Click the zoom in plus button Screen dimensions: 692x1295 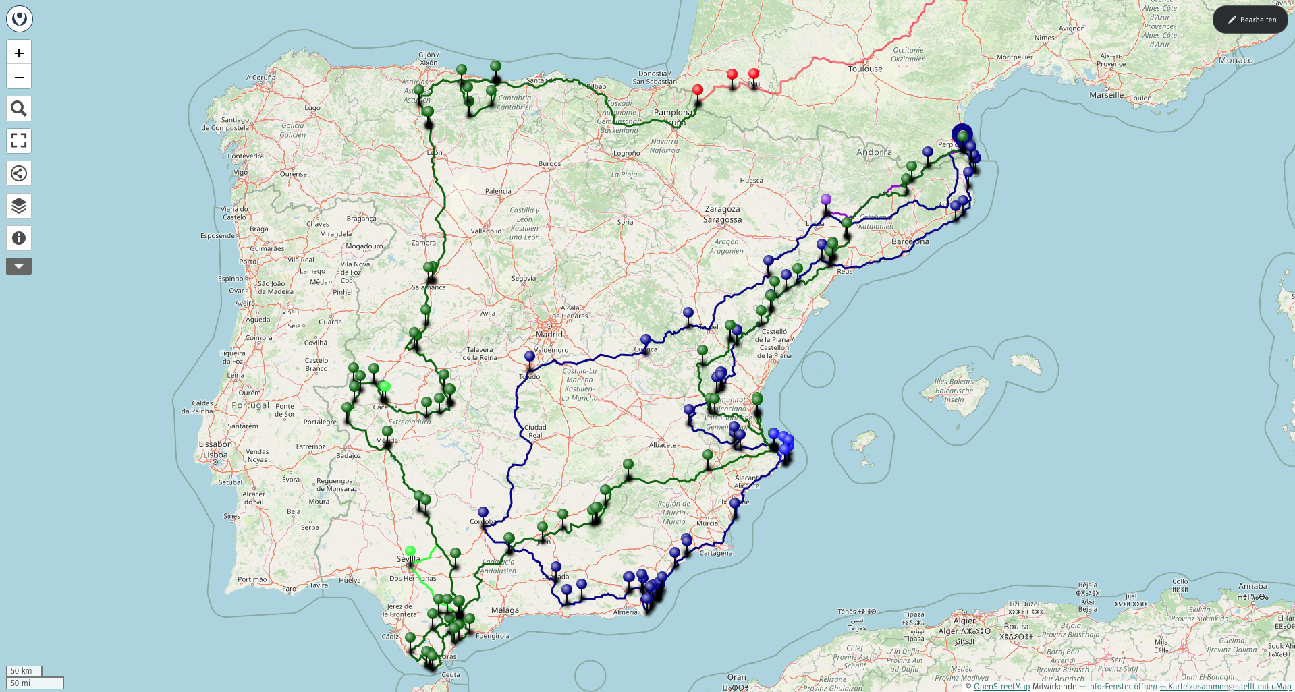pyautogui.click(x=19, y=53)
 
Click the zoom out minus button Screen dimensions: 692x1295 pyautogui.click(x=19, y=77)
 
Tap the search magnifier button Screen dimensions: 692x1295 pyautogui.click(x=19, y=109)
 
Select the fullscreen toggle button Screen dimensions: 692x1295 pyautogui.click(x=19, y=141)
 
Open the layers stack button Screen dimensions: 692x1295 pyautogui.click(x=19, y=206)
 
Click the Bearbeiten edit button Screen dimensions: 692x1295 pyautogui.click(x=1250, y=20)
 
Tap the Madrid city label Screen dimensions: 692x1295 pyautogui.click(x=549, y=334)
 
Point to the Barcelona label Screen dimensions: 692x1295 pyautogui.click(x=910, y=241)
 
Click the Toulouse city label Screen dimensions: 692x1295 pyautogui.click(x=865, y=69)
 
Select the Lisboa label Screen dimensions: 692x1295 pyautogui.click(x=215, y=455)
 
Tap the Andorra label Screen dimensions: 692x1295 pyautogui.click(x=874, y=152)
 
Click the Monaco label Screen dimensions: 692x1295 pyautogui.click(x=1236, y=60)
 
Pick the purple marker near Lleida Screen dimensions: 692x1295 pyautogui.click(x=826, y=200)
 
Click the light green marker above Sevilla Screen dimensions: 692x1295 pyautogui.click(x=410, y=551)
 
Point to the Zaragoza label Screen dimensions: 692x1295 pyautogui.click(x=722, y=209)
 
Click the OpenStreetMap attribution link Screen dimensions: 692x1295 pyautogui.click(x=1001, y=687)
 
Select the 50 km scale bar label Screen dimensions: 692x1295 pyautogui.click(x=22, y=671)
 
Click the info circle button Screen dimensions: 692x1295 pyautogui.click(x=19, y=238)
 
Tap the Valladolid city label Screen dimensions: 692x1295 pyautogui.click(x=486, y=231)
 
